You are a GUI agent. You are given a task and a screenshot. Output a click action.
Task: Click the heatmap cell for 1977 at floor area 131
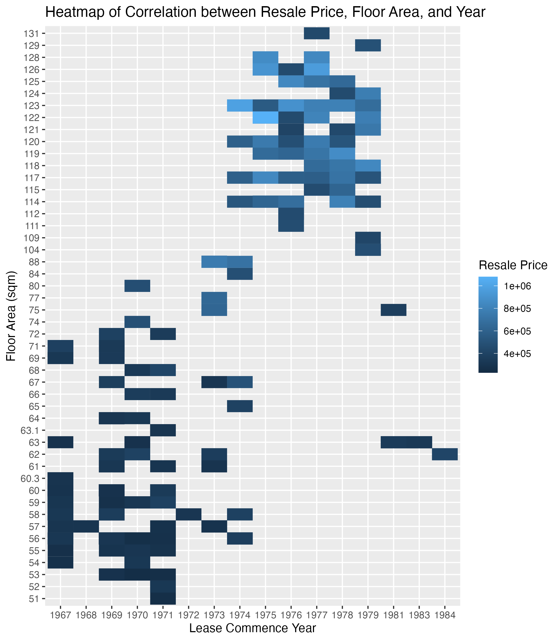click(317, 33)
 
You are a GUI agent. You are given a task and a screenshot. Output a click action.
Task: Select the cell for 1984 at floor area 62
click(445, 454)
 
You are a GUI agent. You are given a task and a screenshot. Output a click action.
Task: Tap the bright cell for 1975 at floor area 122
click(265, 117)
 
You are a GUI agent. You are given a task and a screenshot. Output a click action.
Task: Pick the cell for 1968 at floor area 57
click(86, 526)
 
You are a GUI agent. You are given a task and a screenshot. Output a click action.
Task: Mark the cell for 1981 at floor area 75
click(394, 310)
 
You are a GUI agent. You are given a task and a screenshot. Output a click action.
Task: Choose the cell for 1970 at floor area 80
click(137, 286)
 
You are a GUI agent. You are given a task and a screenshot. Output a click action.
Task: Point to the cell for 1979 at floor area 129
click(368, 45)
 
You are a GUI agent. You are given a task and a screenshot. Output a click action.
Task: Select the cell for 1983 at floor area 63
click(419, 442)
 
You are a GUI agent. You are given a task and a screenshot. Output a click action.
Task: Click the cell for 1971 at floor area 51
click(163, 599)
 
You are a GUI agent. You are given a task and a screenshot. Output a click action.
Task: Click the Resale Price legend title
click(513, 265)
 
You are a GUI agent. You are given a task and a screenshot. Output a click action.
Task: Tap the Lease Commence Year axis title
click(252, 628)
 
